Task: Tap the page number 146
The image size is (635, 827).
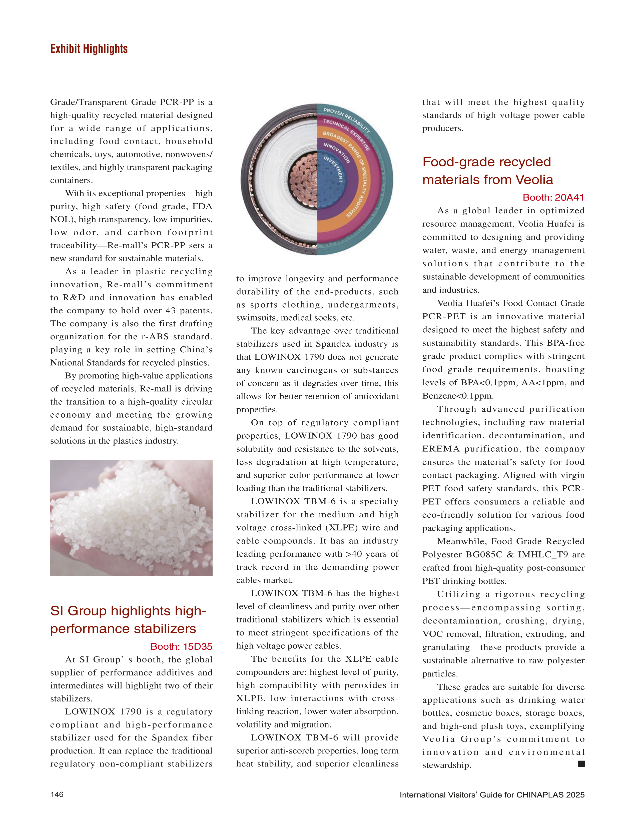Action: point(57,794)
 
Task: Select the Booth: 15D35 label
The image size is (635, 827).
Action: point(181,646)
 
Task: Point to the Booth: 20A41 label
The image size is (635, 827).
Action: point(553,197)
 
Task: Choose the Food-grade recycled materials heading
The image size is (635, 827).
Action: point(488,171)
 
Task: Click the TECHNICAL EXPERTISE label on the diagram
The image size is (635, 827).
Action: point(346,134)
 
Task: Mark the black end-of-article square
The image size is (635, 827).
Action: point(581,764)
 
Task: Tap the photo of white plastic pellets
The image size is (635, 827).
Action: point(131,518)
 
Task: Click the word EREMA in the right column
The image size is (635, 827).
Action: point(441,449)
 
